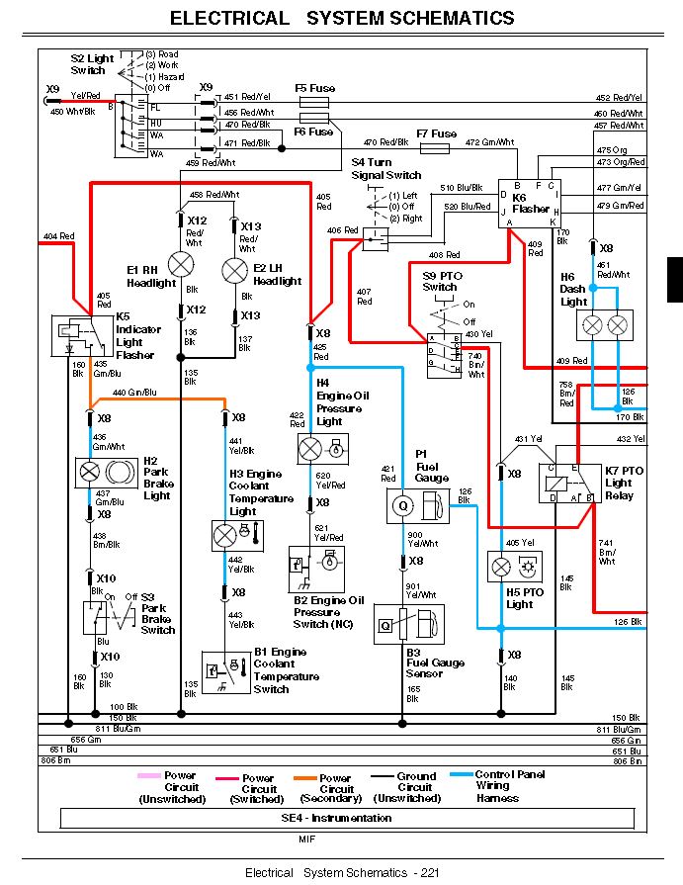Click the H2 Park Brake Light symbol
pyautogui.click(x=104, y=470)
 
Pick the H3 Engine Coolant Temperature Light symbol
pyautogui.click(x=237, y=536)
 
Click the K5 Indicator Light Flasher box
pyautogui.click(x=76, y=335)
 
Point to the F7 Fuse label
pyautogui.click(x=436, y=133)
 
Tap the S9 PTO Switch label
pyautogui.click(x=440, y=281)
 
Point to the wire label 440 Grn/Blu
pyautogui.click(x=134, y=393)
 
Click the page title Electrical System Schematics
pyautogui.click(x=342, y=18)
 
